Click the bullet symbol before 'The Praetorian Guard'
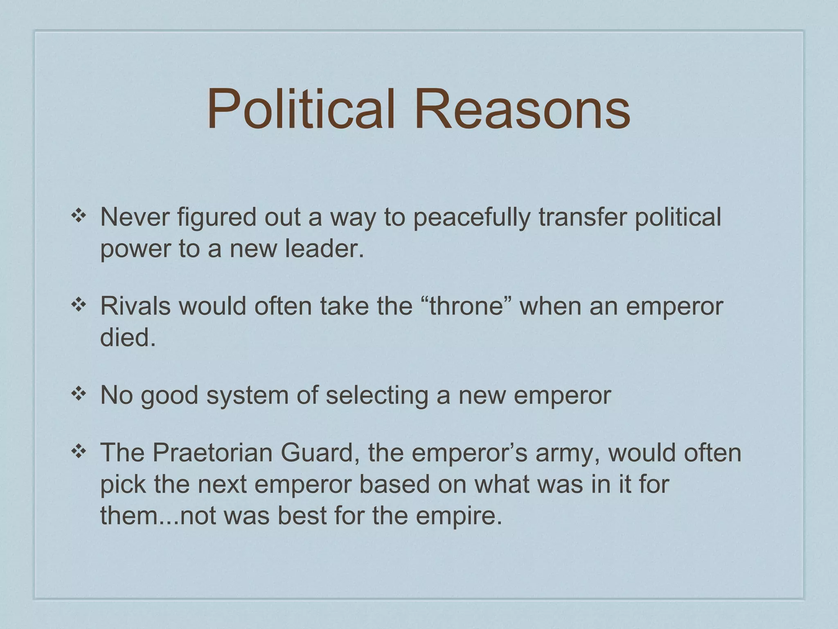point(78,451)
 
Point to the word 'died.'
point(128,338)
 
